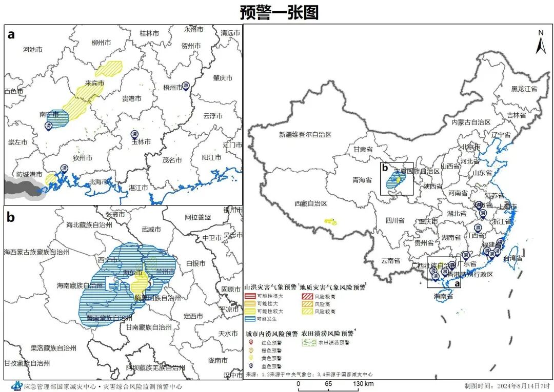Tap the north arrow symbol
pyautogui.click(x=541, y=43)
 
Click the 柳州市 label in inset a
pyautogui.click(x=101, y=43)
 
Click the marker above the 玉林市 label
pyautogui.click(x=134, y=134)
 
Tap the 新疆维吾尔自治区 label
pyautogui.click(x=306, y=135)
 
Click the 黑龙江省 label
pyautogui.click(x=524, y=89)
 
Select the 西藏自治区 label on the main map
pyautogui.click(x=310, y=203)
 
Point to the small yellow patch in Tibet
pyautogui.click(x=330, y=222)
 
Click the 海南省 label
pyautogui.click(x=443, y=297)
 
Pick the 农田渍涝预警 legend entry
pyautogui.click(x=333, y=342)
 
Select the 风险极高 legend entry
pyautogui.click(x=325, y=296)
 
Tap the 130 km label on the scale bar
pyautogui.click(x=362, y=384)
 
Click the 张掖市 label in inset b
pyautogui.click(x=115, y=214)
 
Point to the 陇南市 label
pyautogui.click(x=217, y=361)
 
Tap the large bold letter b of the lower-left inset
pyautogui.click(x=11, y=217)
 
